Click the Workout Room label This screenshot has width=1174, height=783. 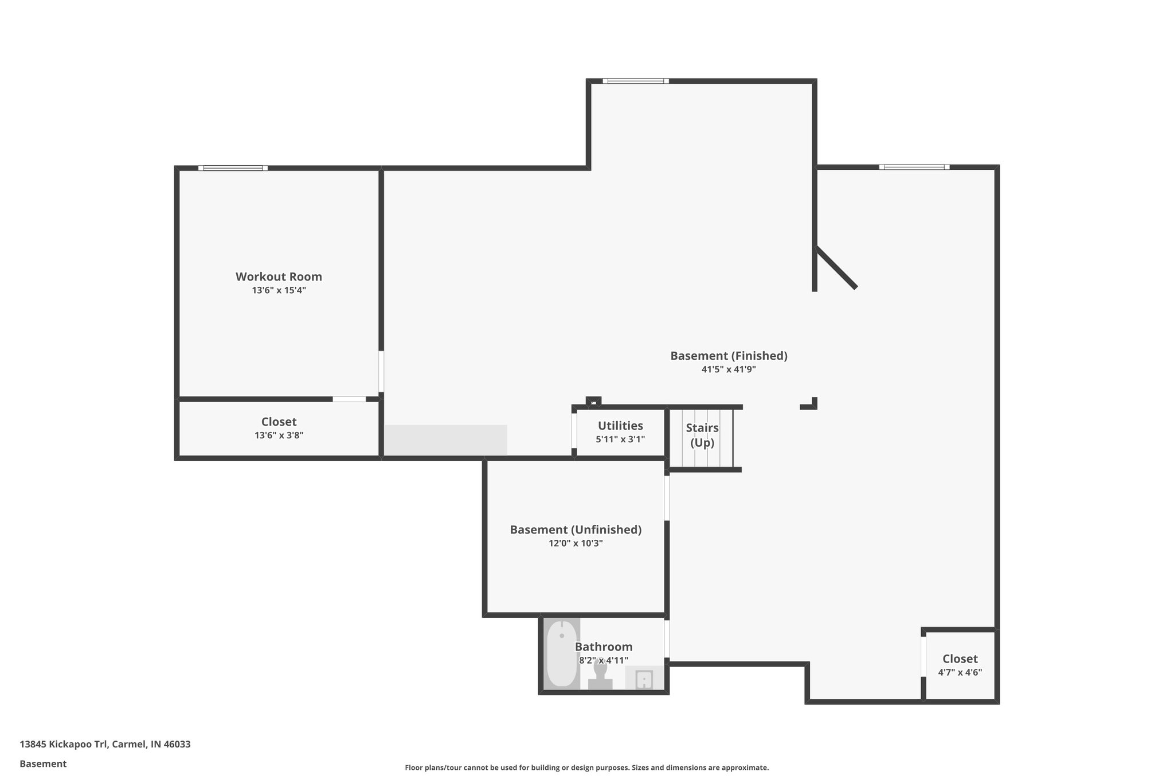pos(279,276)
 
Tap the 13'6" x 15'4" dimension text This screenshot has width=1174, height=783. pos(279,290)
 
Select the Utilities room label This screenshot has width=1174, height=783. pos(620,426)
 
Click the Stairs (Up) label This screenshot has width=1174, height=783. pos(702,435)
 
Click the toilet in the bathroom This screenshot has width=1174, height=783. pos(600,673)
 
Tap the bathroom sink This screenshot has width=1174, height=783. pos(644,679)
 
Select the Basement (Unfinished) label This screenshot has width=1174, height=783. pos(576,529)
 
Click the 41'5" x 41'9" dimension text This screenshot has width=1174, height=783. pos(729,369)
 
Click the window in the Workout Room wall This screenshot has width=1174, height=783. pos(233,168)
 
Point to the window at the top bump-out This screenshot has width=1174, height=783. pos(635,81)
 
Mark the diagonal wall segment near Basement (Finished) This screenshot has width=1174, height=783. pos(836,268)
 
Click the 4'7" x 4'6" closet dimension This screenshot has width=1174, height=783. pos(960,672)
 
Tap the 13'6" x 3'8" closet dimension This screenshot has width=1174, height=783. pos(279,435)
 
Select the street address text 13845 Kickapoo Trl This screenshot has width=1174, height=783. pos(105,744)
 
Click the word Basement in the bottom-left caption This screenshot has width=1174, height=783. pos(43,763)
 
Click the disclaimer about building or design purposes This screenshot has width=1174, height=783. pos(586,768)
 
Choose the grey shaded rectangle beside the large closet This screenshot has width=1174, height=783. pos(445,440)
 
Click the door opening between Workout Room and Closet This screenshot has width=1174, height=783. pos(349,399)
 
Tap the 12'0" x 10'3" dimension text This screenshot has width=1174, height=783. pos(576,543)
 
